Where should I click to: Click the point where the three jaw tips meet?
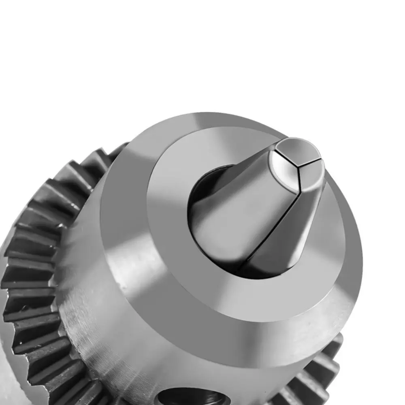click(x=299, y=166)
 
